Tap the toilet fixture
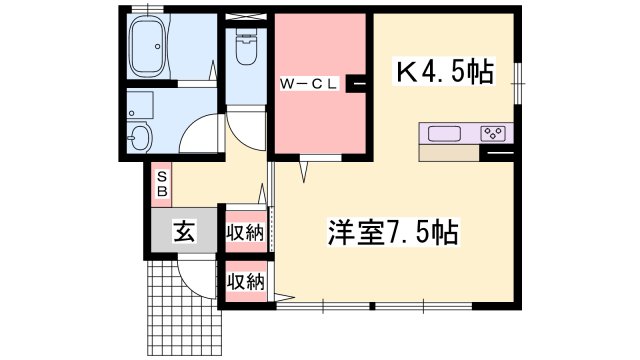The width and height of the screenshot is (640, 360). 246,47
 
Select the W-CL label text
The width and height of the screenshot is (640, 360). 309,84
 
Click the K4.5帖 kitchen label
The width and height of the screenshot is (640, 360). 444,71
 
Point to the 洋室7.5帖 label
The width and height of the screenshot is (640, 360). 393,232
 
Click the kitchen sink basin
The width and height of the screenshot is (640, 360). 444,133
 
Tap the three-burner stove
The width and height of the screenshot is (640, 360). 493,133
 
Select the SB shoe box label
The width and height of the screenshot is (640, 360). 162,184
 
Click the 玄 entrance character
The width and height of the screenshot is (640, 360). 184,231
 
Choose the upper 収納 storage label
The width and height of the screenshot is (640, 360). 246,233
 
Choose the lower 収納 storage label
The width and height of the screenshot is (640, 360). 246,282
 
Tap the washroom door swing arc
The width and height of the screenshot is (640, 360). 194,130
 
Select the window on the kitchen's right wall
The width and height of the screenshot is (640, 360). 518,83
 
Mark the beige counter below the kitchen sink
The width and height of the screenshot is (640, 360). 449,153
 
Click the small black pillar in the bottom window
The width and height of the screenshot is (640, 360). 372,305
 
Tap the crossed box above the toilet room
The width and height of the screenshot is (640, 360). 246,17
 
